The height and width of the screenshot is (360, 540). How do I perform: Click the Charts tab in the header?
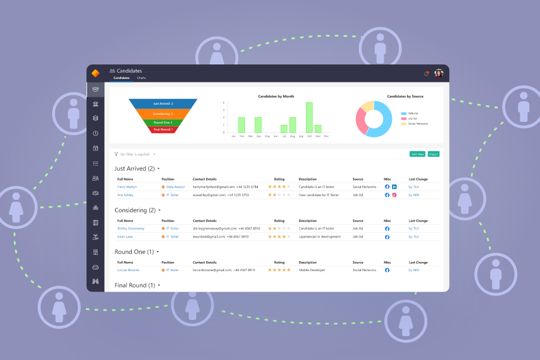141,78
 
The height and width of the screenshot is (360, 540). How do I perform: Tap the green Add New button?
417,154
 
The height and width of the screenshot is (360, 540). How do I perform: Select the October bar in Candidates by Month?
309,118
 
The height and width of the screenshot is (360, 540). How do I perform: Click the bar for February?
242,125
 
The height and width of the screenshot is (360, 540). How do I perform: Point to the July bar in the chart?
284,129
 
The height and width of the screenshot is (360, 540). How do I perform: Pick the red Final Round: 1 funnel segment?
163,129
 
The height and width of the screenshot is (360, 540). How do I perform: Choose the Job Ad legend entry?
413,118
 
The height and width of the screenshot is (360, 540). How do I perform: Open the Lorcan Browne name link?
128,270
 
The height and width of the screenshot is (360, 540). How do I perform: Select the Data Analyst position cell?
175,187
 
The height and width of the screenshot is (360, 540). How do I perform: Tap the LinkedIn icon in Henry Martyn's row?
394,187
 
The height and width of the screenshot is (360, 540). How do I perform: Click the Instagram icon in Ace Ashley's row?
394,195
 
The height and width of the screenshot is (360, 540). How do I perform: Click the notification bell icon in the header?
426,73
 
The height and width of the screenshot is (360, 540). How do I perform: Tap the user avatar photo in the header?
439,73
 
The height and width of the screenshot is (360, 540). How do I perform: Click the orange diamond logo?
96,73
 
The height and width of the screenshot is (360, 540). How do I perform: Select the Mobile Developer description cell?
312,270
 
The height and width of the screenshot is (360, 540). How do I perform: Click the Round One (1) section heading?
134,252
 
